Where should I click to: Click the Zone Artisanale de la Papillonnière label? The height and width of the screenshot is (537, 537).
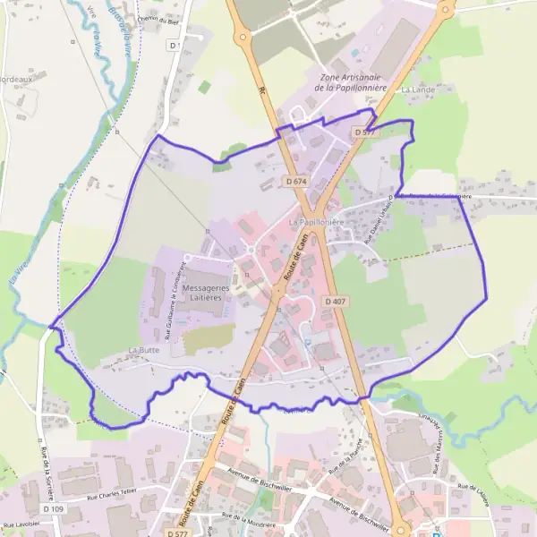(352, 82)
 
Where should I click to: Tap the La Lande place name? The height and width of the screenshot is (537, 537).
(417, 89)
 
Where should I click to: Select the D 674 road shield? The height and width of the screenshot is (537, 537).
(296, 181)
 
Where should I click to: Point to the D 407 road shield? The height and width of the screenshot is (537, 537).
(335, 301)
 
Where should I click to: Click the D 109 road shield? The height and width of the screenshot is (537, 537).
(50, 508)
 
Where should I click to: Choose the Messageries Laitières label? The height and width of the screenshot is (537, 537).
(205, 292)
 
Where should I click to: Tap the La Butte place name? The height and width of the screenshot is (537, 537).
(143, 350)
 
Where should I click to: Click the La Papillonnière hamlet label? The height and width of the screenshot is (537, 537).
(317, 220)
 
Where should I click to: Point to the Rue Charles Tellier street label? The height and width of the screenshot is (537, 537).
(115, 493)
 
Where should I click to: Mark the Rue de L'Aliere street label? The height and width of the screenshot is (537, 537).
(473, 496)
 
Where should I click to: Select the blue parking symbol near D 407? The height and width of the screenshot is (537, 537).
(308, 341)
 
